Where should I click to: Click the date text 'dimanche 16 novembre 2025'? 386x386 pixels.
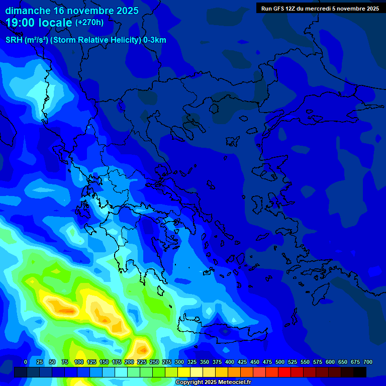click(72, 11)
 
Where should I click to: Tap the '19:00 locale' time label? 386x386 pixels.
click(39, 23)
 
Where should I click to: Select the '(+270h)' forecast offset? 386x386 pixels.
click(89, 23)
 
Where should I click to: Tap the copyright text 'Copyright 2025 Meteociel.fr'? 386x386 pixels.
click(213, 382)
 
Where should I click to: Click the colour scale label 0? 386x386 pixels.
click(26, 362)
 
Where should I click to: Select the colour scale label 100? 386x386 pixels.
click(79, 362)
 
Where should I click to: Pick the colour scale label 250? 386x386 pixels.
click(154, 362)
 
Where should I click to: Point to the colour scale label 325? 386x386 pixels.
click(192, 362)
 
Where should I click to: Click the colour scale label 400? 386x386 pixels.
click(230, 362)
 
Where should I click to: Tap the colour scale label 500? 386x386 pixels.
click(280, 362)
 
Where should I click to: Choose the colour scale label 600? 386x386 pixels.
click(330, 362)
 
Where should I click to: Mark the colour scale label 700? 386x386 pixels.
click(367, 362)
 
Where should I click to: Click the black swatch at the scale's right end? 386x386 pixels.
click(360, 372)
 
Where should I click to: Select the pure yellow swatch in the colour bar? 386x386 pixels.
click(184, 372)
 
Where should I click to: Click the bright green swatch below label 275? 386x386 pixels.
click(159, 372)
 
